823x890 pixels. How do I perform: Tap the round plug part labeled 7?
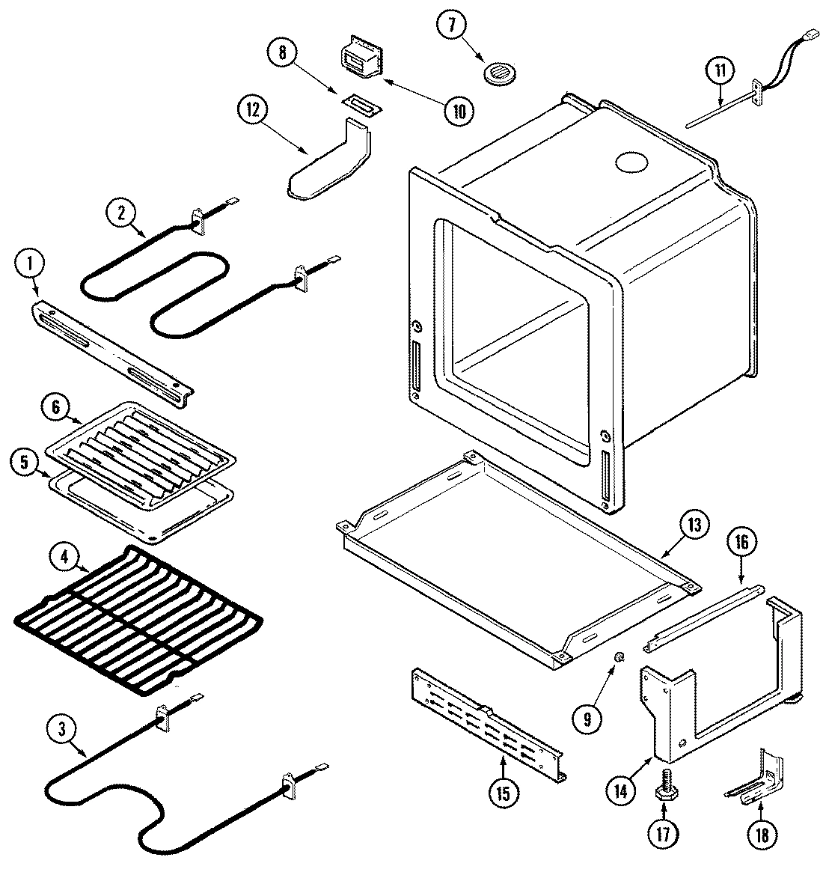pos(497,73)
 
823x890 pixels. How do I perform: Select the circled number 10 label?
pos(458,112)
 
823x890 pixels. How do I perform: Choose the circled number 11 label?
pos(719,72)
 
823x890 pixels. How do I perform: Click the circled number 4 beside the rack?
pos(65,557)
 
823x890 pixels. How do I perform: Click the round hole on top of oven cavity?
pos(631,162)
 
